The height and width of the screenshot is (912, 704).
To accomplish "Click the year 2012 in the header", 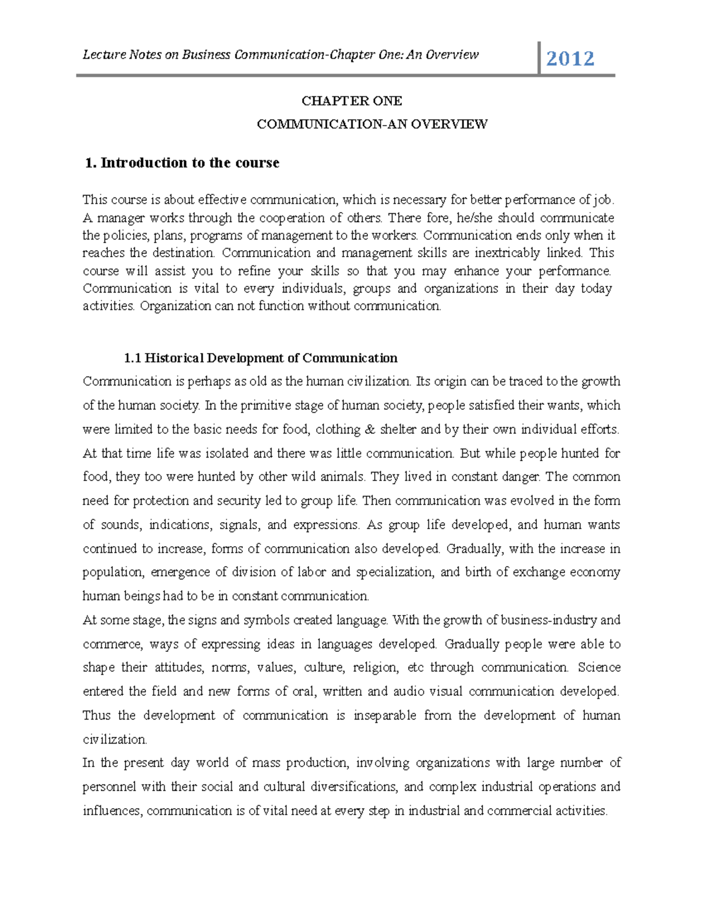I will pyautogui.click(x=570, y=58).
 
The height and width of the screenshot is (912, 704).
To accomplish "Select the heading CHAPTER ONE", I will pyautogui.click(x=351, y=101).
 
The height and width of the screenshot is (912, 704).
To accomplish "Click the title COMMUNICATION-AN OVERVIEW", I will pyautogui.click(x=372, y=124).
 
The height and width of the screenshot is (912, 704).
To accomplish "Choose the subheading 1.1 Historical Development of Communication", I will pyautogui.click(x=260, y=358).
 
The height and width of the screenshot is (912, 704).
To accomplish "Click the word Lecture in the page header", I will pyautogui.click(x=104, y=55).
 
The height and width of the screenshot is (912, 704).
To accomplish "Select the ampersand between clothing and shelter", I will pyautogui.click(x=369, y=429).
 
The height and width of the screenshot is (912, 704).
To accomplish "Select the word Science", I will pyautogui.click(x=598, y=668).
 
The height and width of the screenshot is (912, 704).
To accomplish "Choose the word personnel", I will pyautogui.click(x=109, y=787).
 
